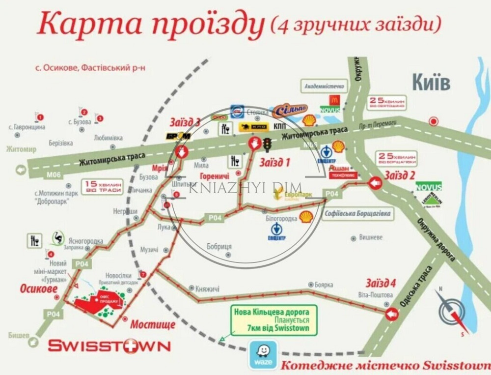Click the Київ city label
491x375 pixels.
click(x=431, y=82)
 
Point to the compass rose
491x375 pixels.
click(x=452, y=311)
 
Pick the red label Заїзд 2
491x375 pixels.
click(x=400, y=174)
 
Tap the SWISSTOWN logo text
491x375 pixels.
click(x=109, y=346)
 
